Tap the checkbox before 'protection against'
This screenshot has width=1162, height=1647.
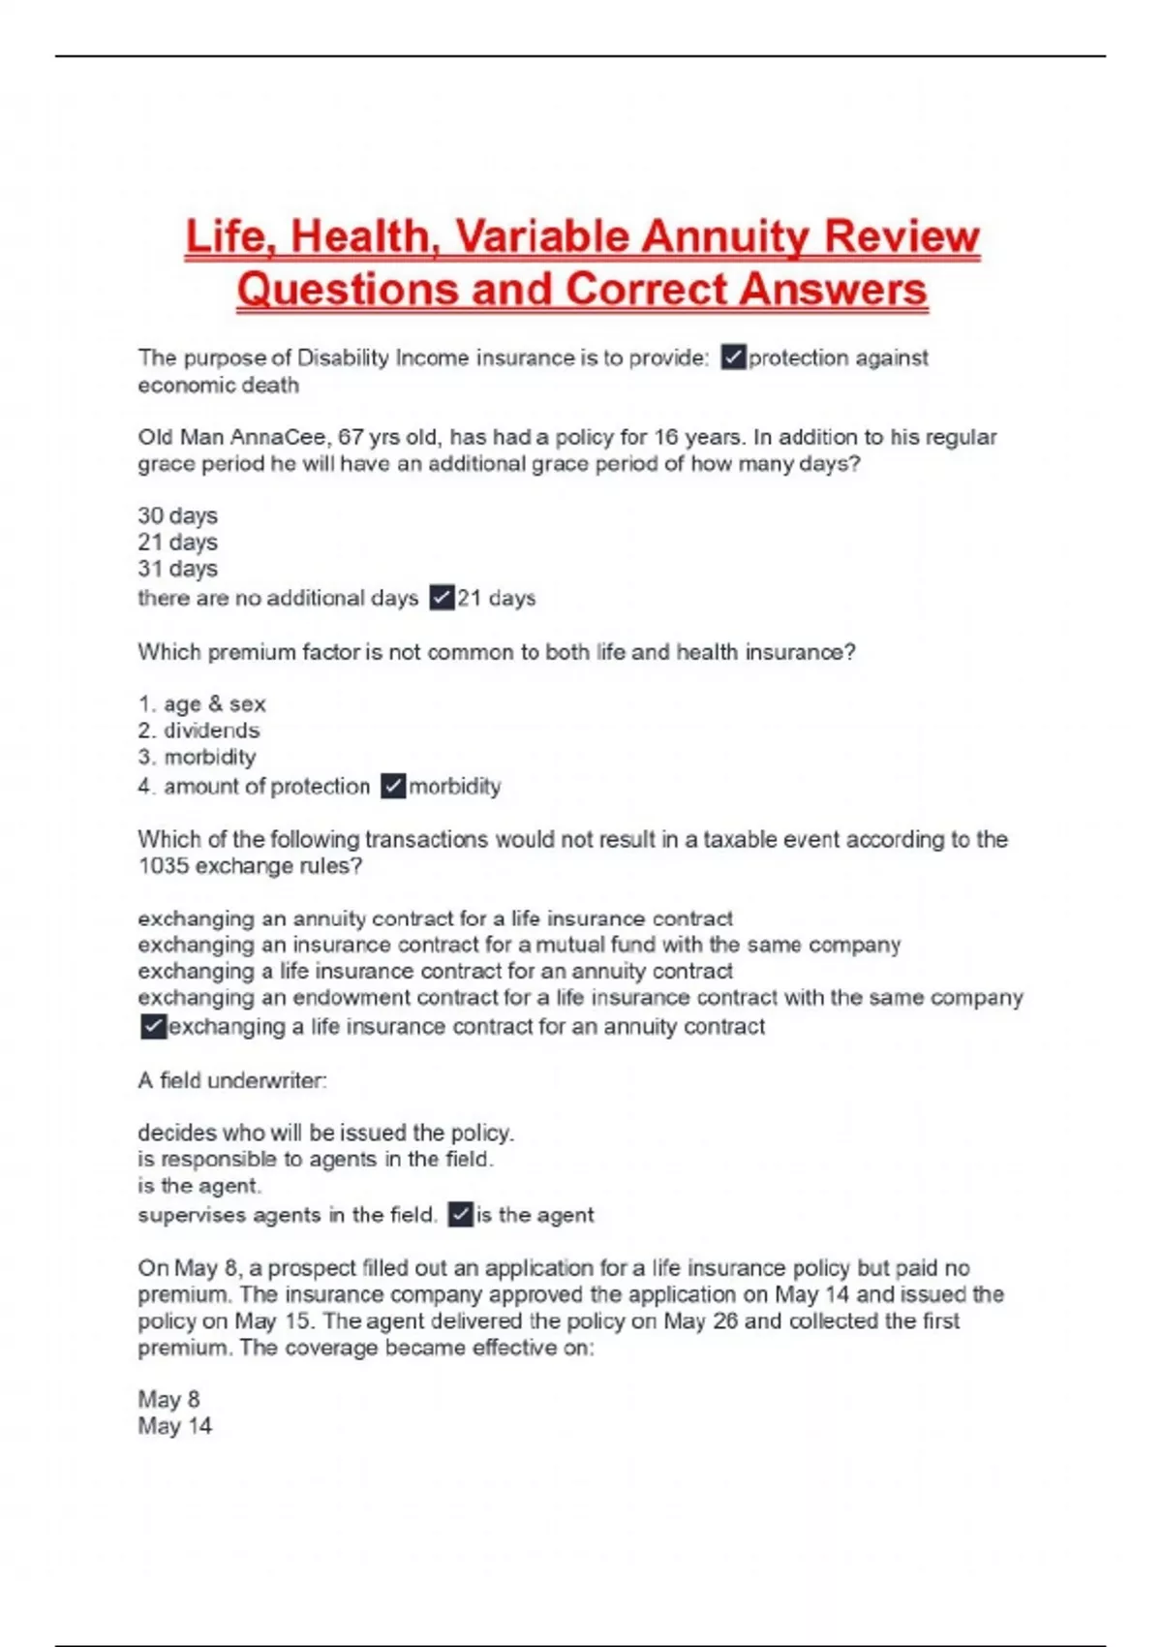[733, 357]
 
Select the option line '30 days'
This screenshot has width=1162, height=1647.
[177, 515]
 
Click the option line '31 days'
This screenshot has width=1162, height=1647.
[177, 569]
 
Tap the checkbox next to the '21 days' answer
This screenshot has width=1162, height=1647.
[442, 598]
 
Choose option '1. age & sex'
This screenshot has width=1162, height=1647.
[201, 704]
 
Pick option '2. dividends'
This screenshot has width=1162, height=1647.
[199, 730]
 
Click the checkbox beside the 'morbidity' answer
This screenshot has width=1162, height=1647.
[393, 786]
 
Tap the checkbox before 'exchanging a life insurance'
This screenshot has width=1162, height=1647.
[153, 1027]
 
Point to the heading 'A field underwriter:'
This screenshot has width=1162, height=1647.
[232, 1080]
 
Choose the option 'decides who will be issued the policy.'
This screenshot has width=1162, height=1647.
[325, 1133]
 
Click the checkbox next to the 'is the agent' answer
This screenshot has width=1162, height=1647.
[460, 1215]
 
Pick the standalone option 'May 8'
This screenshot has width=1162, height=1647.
[168, 1400]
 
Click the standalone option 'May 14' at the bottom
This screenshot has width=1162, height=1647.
[174, 1426]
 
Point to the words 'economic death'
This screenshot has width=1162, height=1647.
[218, 386]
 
